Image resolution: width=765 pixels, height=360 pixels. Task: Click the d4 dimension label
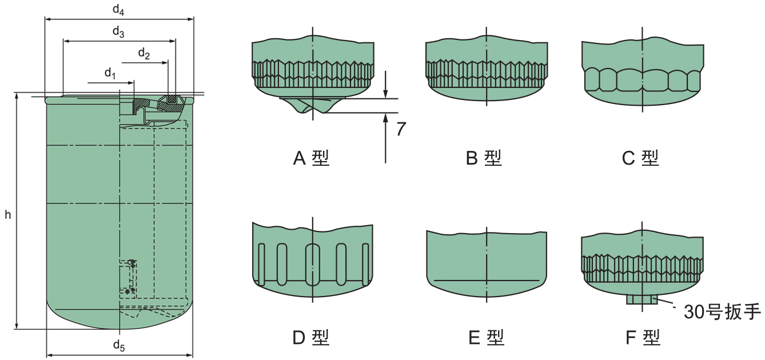pos(118,10)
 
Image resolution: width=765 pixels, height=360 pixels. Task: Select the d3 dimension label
pos(118,32)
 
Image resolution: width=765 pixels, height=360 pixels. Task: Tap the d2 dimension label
pos(144,54)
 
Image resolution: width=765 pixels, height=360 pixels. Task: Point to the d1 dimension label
pos(110,73)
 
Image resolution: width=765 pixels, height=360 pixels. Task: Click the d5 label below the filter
pos(119,346)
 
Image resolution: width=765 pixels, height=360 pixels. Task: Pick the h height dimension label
pos(8,215)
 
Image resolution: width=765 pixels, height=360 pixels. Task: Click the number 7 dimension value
pos(401,129)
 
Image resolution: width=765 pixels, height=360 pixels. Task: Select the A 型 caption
pos(311,158)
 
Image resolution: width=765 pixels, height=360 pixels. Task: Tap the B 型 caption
pos(484,158)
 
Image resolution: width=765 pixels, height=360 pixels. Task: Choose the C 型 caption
pos(640,158)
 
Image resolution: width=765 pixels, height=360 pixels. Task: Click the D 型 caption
pos(311,338)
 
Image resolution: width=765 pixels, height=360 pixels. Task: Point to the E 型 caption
pos(487,338)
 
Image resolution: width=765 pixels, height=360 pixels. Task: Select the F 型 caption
pos(643,338)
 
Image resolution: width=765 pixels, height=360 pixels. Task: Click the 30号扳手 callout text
pos(722,312)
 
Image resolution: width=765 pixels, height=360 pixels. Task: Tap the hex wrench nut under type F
pos(642,299)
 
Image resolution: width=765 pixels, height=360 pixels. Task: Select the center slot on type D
pos(313,265)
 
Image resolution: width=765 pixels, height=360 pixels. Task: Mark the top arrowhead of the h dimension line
pos(17,95)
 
